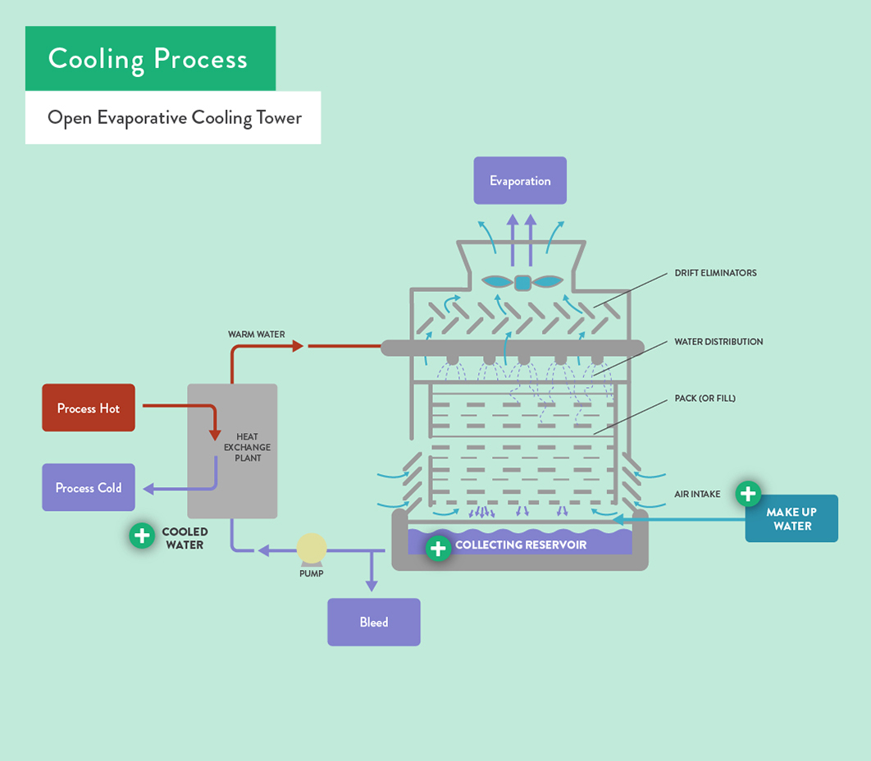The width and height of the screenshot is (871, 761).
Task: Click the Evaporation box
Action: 520,180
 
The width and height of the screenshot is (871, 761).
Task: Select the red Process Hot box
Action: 89,408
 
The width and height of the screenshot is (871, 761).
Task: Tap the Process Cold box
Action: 89,487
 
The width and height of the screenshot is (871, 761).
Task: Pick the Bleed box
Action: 374,622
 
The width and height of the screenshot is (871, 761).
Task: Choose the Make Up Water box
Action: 791,519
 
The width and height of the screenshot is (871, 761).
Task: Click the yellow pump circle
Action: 312,548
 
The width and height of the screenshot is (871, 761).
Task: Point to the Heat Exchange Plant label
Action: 247,447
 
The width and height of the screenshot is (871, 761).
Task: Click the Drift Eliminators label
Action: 715,272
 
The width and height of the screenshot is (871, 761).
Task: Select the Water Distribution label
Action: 718,341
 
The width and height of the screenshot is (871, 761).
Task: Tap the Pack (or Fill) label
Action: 705,399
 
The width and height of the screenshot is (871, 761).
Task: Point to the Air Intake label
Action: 697,494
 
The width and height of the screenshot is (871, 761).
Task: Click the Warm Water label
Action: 257,335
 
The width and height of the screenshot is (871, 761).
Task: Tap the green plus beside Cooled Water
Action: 142,535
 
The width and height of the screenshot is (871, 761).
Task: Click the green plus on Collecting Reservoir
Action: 439,548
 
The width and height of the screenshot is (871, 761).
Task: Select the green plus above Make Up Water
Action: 747,494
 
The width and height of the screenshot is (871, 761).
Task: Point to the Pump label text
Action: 312,573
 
